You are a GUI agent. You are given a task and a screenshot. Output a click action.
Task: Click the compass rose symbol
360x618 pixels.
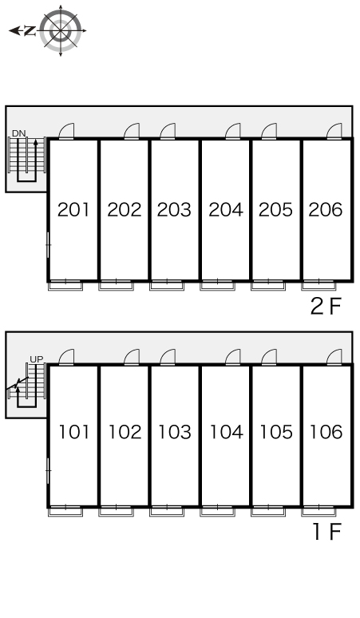[60, 30]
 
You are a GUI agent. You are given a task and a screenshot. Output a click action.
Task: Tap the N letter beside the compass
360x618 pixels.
[30, 30]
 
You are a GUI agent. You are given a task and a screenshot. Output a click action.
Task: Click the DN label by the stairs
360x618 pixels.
[18, 133]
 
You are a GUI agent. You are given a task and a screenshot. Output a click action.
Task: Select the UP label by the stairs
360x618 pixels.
[36, 359]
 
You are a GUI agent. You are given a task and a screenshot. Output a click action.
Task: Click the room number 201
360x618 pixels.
[73, 210]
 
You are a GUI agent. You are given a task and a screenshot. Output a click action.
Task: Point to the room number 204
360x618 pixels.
[226, 210]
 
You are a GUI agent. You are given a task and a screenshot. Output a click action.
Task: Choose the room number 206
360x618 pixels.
[326, 210]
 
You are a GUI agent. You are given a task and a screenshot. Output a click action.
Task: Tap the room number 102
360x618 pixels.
[125, 432]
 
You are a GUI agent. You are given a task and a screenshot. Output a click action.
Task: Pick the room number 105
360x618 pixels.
[276, 432]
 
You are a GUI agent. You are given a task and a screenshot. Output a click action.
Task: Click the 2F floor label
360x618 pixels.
[326, 307]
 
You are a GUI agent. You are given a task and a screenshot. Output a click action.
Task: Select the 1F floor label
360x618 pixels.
[326, 532]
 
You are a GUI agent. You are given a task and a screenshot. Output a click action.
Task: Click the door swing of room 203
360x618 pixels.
[168, 131]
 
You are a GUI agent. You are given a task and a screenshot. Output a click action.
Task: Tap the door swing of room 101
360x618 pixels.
[66, 357]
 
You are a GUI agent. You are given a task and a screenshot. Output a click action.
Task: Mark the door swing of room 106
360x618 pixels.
[334, 357]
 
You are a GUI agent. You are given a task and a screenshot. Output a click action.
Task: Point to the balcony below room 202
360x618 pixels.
[116, 285]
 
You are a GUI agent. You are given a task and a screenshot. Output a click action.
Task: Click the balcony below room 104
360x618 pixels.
[217, 511]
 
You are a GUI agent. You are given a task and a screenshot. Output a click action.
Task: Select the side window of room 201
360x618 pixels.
[48, 245]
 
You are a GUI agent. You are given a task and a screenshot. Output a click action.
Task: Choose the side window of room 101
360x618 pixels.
[48, 470]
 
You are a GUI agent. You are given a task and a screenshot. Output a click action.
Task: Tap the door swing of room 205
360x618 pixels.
[269, 131]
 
